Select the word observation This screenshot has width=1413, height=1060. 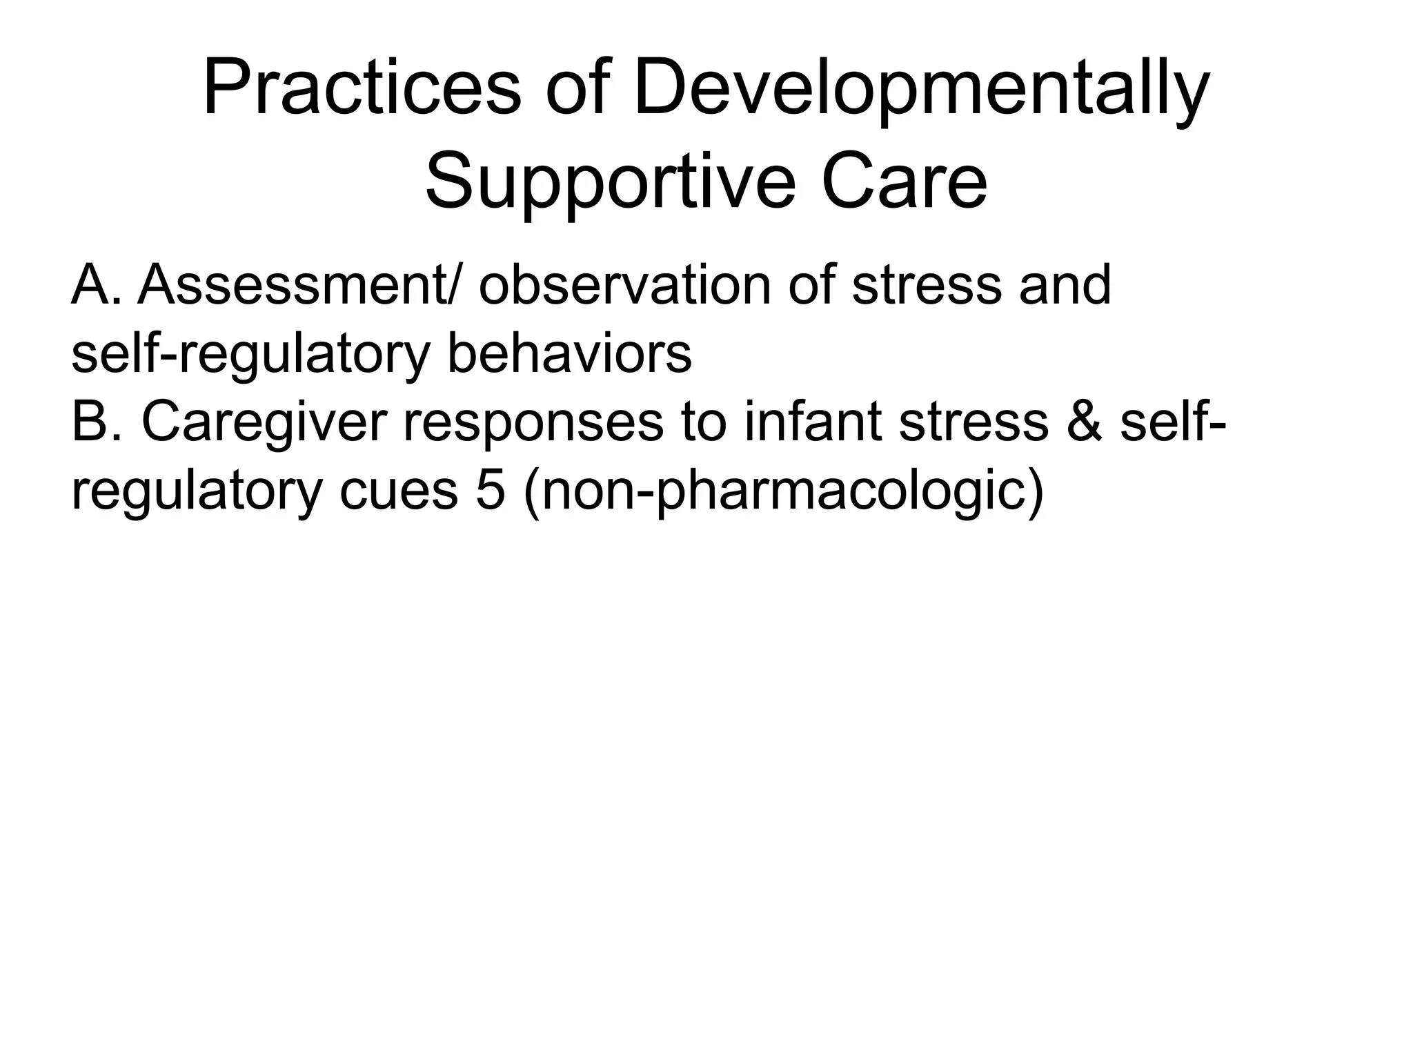click(x=624, y=284)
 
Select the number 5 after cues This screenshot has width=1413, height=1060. click(x=491, y=491)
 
